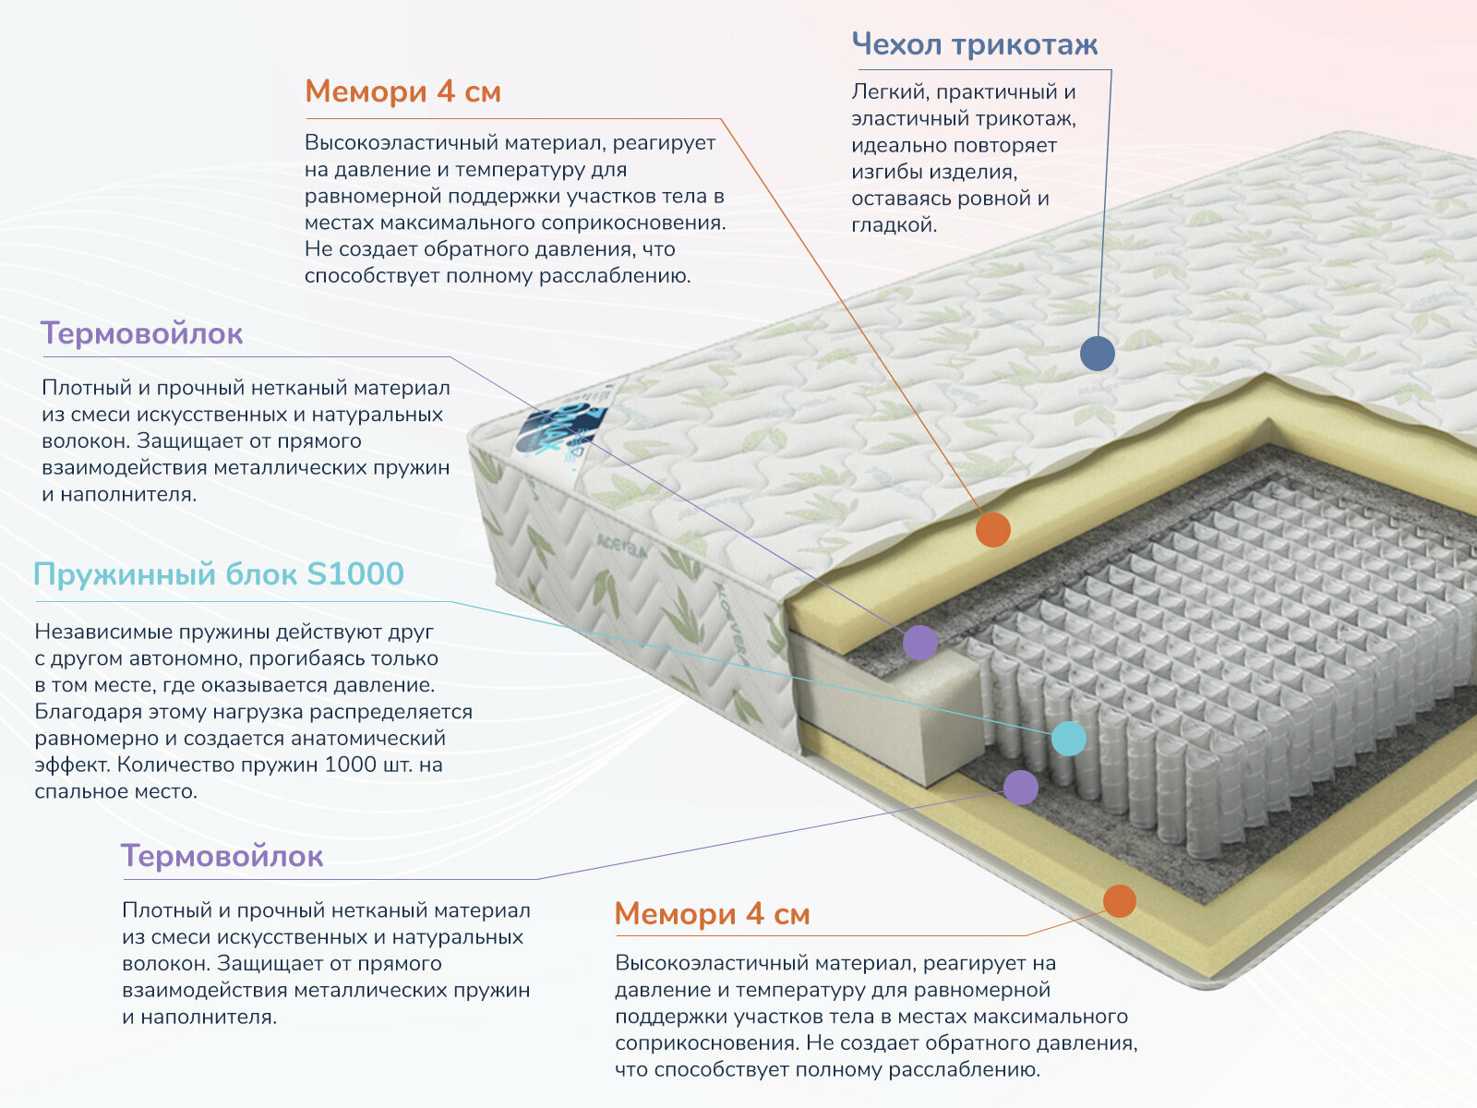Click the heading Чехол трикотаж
point(974,44)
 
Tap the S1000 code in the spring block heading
point(354,574)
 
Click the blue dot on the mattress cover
point(1097,353)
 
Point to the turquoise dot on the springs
point(1069,739)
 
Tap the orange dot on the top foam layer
point(993,530)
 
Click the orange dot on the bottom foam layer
point(1119,900)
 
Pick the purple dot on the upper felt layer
point(919,642)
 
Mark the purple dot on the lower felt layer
point(1020,787)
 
